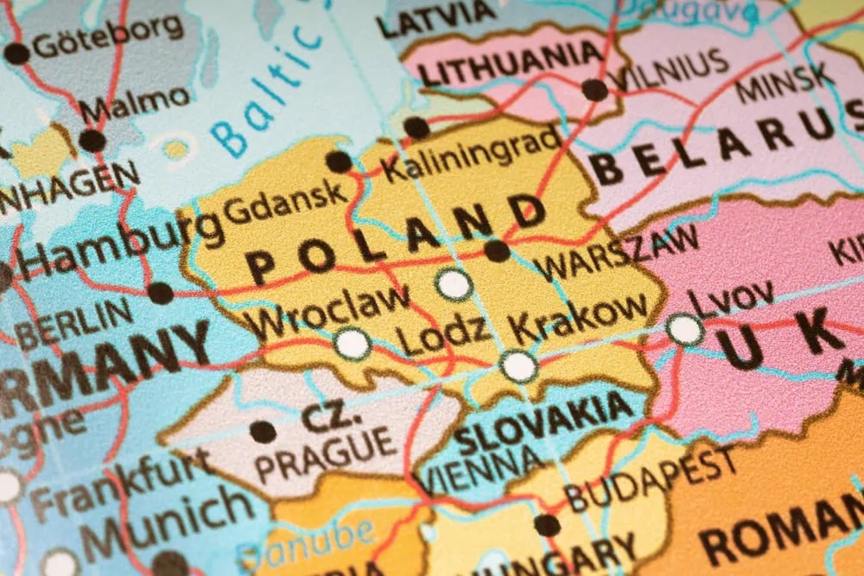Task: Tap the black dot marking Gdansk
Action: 338,161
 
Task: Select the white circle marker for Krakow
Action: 518,366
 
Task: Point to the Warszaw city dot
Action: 497,251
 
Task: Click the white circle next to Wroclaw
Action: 352,344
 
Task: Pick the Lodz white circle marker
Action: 454,284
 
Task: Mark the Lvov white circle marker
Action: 684,329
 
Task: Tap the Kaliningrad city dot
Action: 416,128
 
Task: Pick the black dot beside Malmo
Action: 92,141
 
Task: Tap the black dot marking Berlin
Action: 160,293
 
